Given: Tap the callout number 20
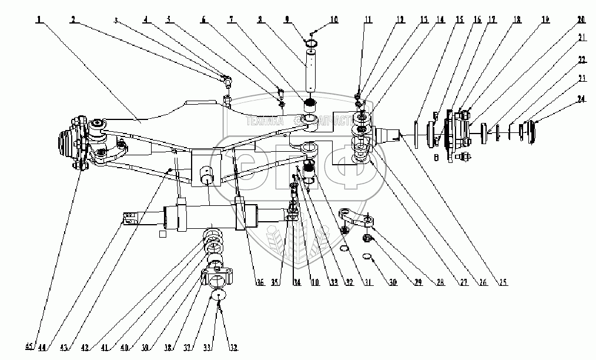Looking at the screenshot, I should pyautogui.click(x=580, y=19).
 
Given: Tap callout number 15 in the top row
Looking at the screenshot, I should pyautogui.click(x=458, y=19).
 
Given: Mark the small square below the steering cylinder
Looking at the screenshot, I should pyautogui.click(x=162, y=234).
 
